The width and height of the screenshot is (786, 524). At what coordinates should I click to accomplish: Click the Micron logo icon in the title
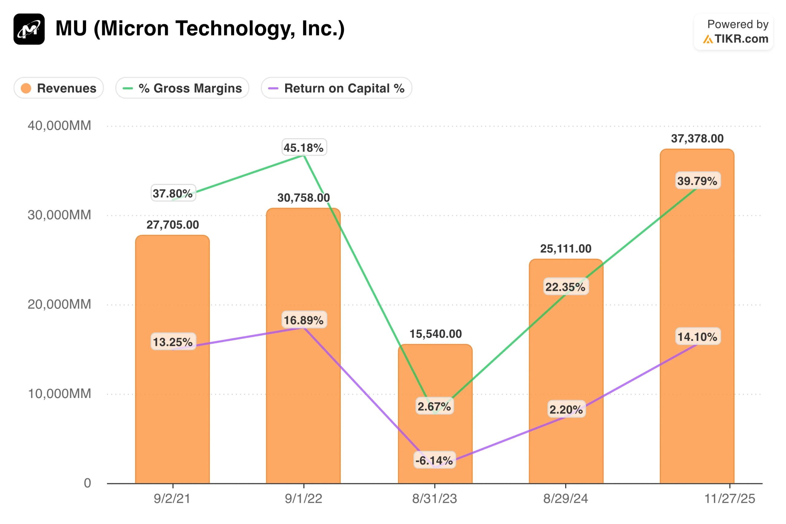click(x=29, y=29)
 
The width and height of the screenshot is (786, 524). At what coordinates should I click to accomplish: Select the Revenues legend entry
click(x=59, y=88)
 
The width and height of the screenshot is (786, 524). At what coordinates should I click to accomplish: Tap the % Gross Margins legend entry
click(x=182, y=88)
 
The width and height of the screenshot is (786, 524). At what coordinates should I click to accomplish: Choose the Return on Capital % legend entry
click(x=337, y=88)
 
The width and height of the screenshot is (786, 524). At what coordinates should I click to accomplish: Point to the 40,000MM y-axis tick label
click(x=59, y=126)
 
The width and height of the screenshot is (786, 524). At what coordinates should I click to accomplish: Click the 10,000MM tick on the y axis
click(x=59, y=394)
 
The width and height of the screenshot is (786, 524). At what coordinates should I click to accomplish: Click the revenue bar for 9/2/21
click(x=172, y=401)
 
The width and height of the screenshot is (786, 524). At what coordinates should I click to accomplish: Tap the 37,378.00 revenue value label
click(x=697, y=138)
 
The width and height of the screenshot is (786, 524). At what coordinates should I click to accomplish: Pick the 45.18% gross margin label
click(x=304, y=147)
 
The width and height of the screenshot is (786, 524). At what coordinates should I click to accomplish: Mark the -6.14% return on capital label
click(x=434, y=460)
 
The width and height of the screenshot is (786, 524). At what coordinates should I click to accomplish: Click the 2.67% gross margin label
click(x=434, y=406)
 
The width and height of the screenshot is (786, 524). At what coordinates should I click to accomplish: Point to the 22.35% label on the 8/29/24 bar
click(x=566, y=287)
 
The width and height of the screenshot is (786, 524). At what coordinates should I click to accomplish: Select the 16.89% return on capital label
click(x=304, y=320)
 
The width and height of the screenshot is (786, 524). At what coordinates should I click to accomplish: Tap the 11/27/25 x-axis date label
click(x=730, y=499)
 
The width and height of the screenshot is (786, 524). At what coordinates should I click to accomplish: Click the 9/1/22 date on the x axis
click(x=304, y=499)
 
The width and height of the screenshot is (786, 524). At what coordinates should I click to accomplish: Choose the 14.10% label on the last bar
click(x=697, y=337)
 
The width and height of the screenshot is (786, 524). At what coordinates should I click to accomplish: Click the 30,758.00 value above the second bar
click(x=304, y=198)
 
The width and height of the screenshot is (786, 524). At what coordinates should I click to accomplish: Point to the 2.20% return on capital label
click(x=566, y=409)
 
